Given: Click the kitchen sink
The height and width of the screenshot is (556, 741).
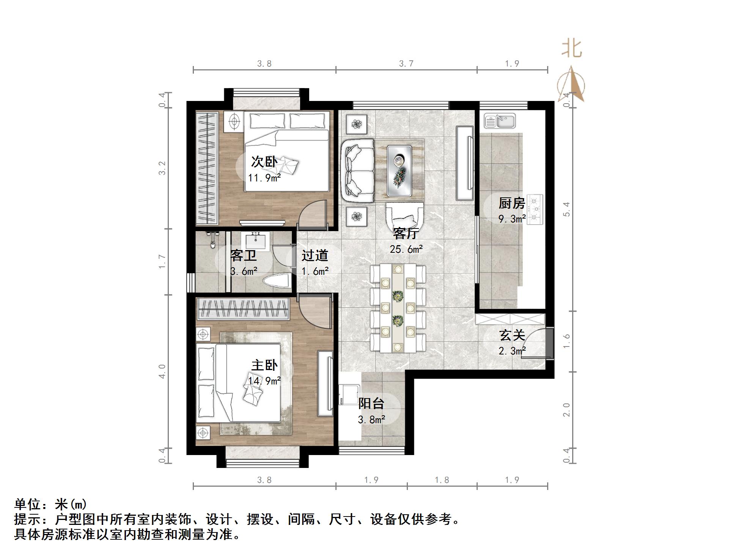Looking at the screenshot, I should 499,121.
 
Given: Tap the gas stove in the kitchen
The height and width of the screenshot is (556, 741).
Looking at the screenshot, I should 535,209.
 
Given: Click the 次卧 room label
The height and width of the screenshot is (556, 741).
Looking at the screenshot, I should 264,162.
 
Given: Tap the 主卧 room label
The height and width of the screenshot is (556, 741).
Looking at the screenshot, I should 264,365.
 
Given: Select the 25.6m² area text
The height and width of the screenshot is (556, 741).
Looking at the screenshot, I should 406,249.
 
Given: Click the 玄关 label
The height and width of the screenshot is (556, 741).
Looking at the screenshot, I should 512,335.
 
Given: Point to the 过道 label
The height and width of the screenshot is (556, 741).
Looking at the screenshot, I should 315,255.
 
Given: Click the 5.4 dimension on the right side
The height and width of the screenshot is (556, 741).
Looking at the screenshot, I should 566,209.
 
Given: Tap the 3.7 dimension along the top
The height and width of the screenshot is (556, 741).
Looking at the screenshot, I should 406,63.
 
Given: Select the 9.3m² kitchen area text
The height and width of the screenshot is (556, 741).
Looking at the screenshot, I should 512,219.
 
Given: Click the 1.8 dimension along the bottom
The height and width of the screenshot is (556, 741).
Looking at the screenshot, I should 442,480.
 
